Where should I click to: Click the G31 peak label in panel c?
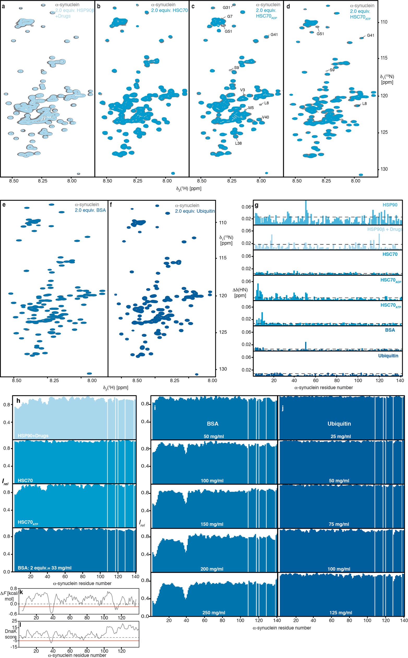coord(226,8)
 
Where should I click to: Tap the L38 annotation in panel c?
coord(238,143)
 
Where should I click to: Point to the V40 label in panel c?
coord(266,117)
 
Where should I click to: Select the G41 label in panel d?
coord(370,35)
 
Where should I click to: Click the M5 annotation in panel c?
coord(251,108)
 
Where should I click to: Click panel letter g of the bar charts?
coord(257,205)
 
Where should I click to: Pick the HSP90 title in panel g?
coord(390,205)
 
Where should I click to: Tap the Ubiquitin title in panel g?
coord(388,355)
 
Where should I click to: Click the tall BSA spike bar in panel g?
coord(306,346)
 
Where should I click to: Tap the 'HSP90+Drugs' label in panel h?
coord(33,436)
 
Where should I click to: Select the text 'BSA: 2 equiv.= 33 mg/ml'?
coord(45,568)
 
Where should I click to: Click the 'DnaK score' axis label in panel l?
coord(11,634)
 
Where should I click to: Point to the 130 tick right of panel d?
coord(384,169)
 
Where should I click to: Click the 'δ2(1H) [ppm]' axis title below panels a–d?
coord(189,188)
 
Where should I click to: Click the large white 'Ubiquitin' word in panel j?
coord(339,424)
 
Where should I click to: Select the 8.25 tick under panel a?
coord(42,181)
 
